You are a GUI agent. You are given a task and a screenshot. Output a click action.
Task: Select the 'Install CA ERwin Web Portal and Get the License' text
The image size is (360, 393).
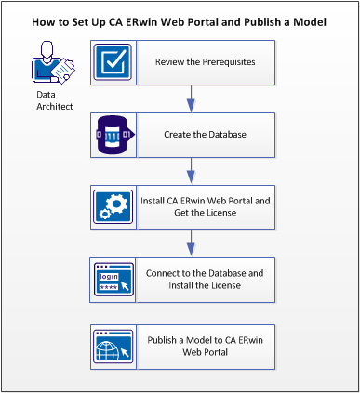pyautogui.click(x=207, y=206)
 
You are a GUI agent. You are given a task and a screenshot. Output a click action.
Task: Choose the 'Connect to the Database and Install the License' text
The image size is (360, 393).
pyautogui.click(x=207, y=279)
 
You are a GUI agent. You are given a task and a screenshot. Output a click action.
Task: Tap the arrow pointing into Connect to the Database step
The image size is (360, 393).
pyautogui.click(x=191, y=242)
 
